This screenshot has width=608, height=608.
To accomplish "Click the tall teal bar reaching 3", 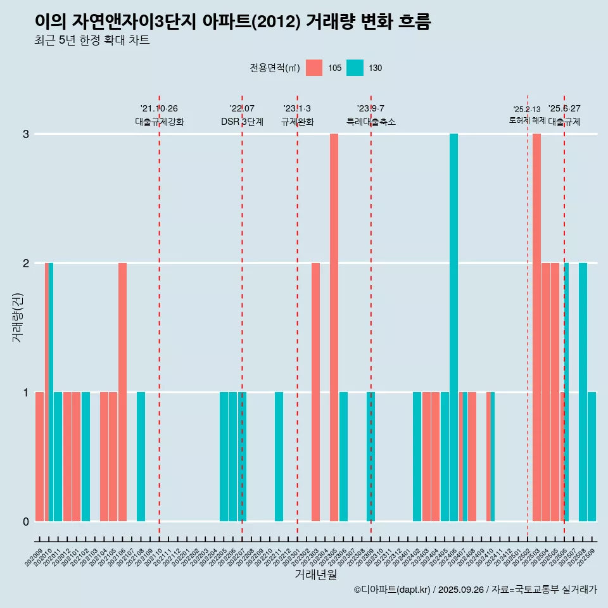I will pos(453,327).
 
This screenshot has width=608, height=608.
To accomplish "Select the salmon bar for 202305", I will pos(334,327).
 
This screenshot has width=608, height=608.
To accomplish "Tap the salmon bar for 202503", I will pos(536,327).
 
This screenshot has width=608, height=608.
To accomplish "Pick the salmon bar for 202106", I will pos(122,392).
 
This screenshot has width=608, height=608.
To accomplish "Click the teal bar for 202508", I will pos(583,392).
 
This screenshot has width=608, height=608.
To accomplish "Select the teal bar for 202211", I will pos(279,457).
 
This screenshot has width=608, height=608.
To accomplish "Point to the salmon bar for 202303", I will pos(315,392).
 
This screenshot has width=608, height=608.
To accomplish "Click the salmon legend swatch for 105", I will pos(314,68).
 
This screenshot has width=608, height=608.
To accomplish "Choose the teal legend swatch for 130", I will pos(355,68).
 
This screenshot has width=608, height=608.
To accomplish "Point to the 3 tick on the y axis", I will pos(26,134).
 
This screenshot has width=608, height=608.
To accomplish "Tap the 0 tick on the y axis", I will pos(26,521).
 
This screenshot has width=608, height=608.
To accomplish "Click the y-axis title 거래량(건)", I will pos(17,317).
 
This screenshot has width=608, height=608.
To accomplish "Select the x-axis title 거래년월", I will pos(315,575).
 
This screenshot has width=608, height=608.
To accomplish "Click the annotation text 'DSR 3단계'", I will pos(242,122).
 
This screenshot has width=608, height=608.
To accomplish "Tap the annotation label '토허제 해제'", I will pos(527,120).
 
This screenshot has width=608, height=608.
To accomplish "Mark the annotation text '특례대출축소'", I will pos(370,122).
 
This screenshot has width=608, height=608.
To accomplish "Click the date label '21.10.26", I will pos(159,109).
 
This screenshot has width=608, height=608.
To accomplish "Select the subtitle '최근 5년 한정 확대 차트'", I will pos(92,41).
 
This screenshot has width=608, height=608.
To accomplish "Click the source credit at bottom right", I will pos(475,590).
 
